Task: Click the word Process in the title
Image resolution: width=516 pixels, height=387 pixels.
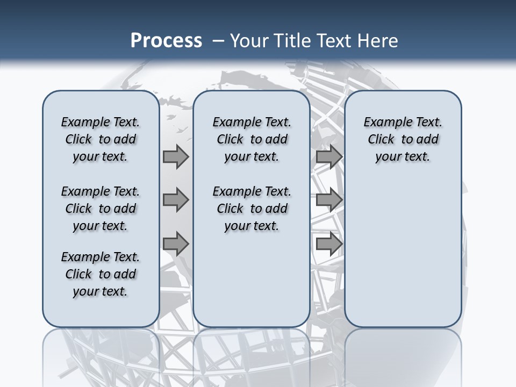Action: (166, 40)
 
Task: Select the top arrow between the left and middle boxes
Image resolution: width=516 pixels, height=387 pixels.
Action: (176, 156)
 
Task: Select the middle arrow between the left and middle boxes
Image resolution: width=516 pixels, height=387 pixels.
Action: (176, 200)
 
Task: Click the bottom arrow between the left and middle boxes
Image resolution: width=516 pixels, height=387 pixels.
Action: (176, 243)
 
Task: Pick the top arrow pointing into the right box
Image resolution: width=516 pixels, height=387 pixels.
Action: (329, 156)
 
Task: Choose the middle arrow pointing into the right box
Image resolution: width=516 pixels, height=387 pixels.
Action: (329, 200)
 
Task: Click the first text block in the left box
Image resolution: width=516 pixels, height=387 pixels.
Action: (101, 139)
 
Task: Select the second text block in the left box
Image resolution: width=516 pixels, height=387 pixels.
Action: (101, 209)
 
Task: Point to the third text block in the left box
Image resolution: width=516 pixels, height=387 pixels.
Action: (101, 274)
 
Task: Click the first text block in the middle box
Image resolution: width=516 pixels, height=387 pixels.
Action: (252, 139)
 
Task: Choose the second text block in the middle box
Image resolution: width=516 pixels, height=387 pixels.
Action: (252, 209)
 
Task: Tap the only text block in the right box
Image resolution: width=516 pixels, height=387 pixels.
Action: (403, 139)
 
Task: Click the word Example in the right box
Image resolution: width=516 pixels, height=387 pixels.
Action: (384, 123)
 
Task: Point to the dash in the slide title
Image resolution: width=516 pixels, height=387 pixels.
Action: (218, 40)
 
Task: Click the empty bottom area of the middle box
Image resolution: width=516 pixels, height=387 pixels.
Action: (252, 285)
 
